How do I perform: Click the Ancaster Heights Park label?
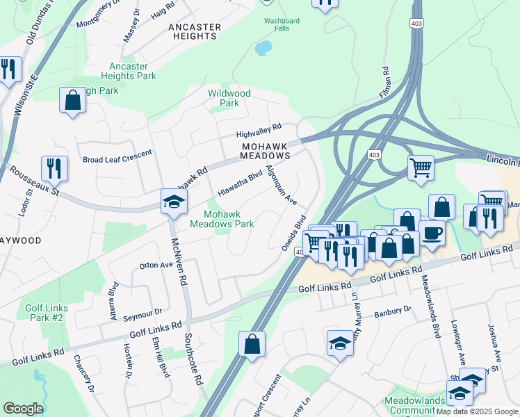pyautogui.click(x=129, y=71)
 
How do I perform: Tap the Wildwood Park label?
pyautogui.click(x=229, y=98)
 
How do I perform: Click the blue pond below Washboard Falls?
pyautogui.click(x=263, y=49)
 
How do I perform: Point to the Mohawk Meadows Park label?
pyautogui.click(x=222, y=219)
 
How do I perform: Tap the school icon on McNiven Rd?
pyautogui.click(x=172, y=202)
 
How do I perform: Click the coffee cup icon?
pyautogui.click(x=432, y=234)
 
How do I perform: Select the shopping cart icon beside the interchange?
pyautogui.click(x=421, y=167)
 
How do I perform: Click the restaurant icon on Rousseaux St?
pyautogui.click(x=54, y=168)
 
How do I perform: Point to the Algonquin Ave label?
pyautogui.click(x=282, y=185)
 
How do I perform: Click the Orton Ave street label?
pyautogui.click(x=156, y=265)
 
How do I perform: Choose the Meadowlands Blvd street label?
pyautogui.click(x=431, y=306)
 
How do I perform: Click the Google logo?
pyautogui.click(x=23, y=409)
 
